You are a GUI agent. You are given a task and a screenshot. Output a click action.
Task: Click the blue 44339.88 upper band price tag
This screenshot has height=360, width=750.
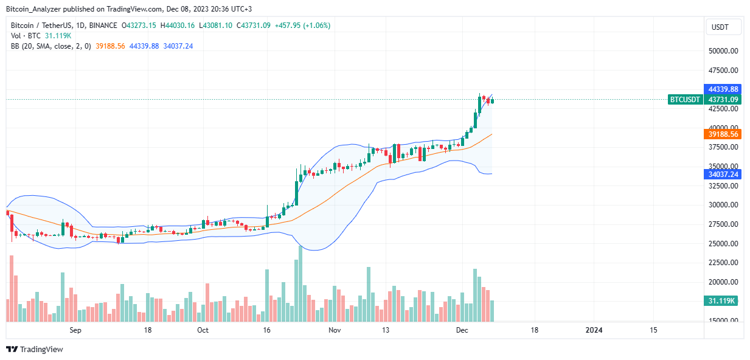point(723,89)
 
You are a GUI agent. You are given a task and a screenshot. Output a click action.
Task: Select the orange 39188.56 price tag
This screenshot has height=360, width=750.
point(723,134)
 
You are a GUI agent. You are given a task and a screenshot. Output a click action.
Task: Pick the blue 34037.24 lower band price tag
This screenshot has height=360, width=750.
point(723,174)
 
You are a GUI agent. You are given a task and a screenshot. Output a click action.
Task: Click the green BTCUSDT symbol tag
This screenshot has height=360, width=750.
point(685,99)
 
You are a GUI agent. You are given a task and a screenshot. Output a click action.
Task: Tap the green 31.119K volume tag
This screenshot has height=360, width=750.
point(723,301)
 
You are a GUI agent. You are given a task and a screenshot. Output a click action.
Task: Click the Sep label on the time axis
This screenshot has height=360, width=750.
point(75,330)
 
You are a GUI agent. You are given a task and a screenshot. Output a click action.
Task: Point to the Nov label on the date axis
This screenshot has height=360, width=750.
point(334,330)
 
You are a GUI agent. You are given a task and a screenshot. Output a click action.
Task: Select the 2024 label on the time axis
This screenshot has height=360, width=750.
point(593,330)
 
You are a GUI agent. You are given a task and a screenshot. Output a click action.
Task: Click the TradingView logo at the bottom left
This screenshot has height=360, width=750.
point(35,350)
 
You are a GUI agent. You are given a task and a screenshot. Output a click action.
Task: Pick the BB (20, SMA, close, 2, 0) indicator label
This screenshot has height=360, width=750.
point(50,46)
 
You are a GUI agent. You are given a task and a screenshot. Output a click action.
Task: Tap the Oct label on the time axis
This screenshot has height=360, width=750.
point(203,330)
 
